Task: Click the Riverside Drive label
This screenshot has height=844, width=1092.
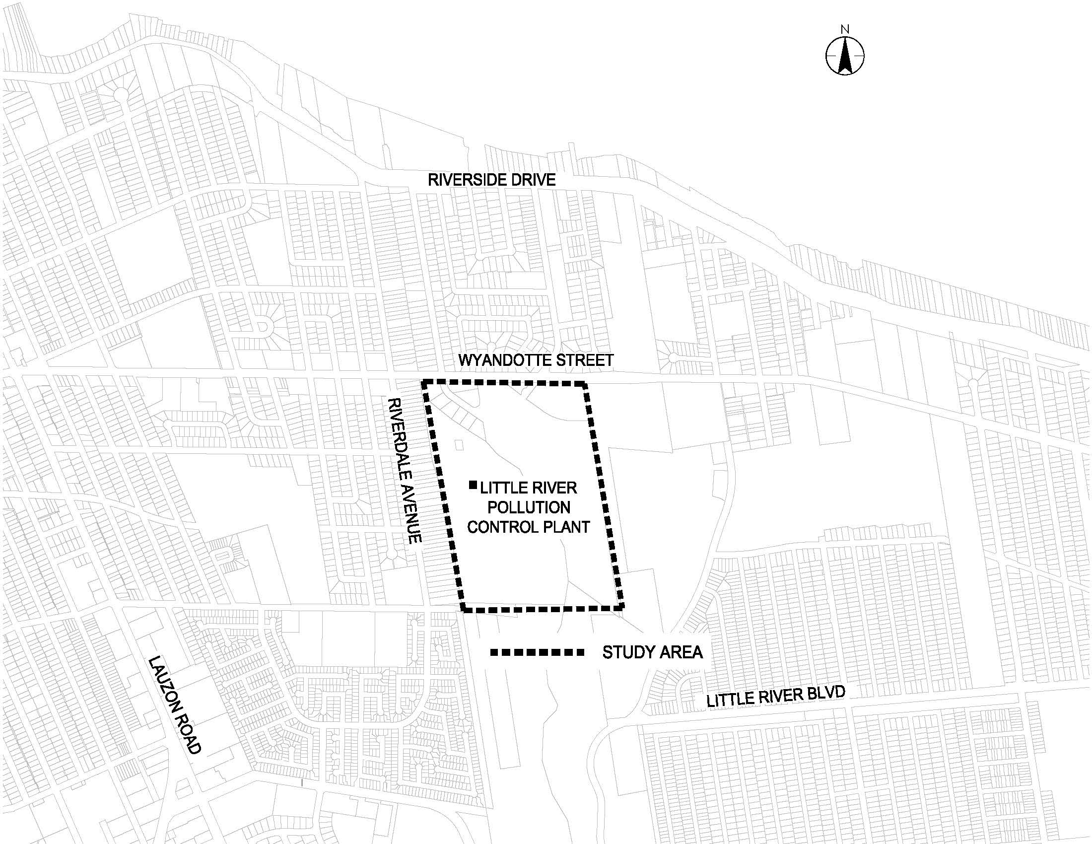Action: [x=491, y=180]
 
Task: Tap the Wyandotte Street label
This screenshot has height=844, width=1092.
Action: [x=536, y=360]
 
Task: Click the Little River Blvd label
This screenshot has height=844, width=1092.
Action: [x=775, y=697]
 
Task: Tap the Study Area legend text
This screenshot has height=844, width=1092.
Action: [x=653, y=652]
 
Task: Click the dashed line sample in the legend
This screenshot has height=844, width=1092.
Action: [x=537, y=652]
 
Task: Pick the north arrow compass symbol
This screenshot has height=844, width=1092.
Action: [x=844, y=56]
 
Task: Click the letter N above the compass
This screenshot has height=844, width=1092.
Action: [x=844, y=29]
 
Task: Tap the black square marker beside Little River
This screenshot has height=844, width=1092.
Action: [x=473, y=485]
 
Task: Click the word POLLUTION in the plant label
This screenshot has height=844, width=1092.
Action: [x=529, y=507]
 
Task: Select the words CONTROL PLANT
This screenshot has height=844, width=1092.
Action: [x=529, y=527]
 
